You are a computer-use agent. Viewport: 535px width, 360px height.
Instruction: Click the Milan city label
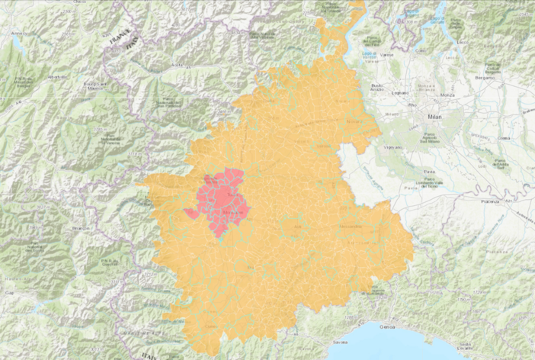(435, 119)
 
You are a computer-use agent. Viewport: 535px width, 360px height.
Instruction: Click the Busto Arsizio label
(376, 86)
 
